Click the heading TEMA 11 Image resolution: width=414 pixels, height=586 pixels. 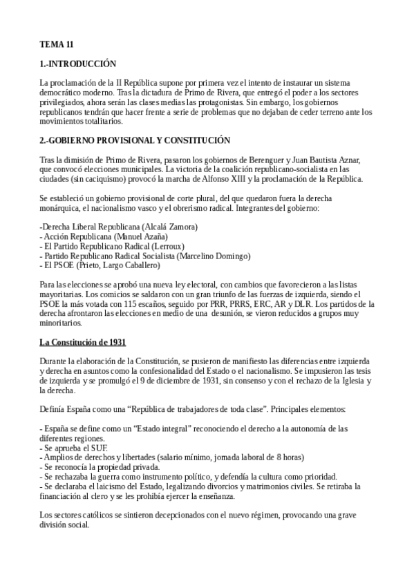click(x=56, y=44)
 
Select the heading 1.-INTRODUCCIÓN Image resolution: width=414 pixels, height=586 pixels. click(x=77, y=63)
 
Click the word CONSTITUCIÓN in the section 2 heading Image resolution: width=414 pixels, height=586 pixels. click(x=198, y=140)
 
